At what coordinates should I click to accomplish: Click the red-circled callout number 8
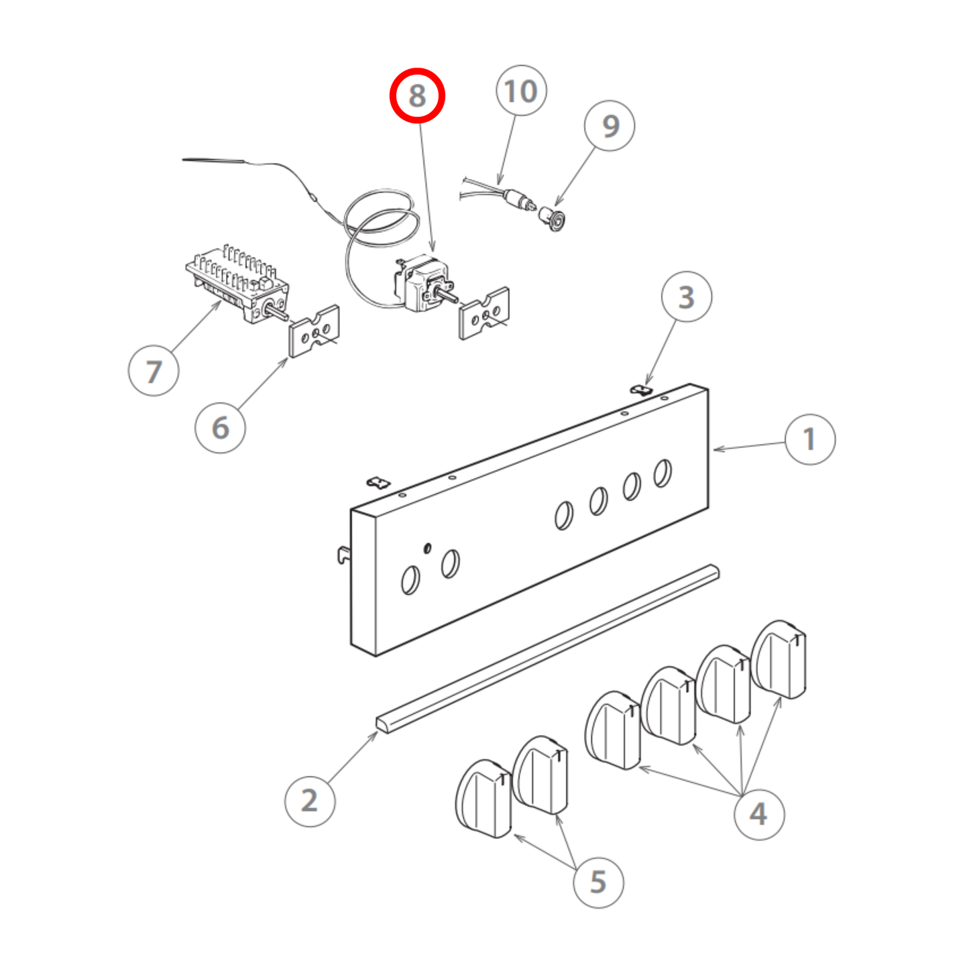(417, 95)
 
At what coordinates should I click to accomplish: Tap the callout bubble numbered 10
(521, 91)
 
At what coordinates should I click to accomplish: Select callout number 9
(609, 126)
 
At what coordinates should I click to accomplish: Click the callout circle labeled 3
(686, 297)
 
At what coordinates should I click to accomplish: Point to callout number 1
(809, 439)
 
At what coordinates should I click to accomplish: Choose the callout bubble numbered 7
(154, 371)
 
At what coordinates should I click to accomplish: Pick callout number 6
(220, 428)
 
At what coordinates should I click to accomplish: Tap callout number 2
(309, 801)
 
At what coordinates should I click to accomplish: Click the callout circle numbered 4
(758, 814)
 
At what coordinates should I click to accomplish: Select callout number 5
(598, 882)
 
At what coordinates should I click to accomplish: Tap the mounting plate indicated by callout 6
(314, 331)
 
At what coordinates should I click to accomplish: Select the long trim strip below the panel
(547, 650)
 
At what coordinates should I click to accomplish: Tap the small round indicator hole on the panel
(427, 548)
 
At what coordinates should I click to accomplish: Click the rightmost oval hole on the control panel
(662, 473)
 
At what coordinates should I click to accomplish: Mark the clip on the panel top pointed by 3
(641, 389)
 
